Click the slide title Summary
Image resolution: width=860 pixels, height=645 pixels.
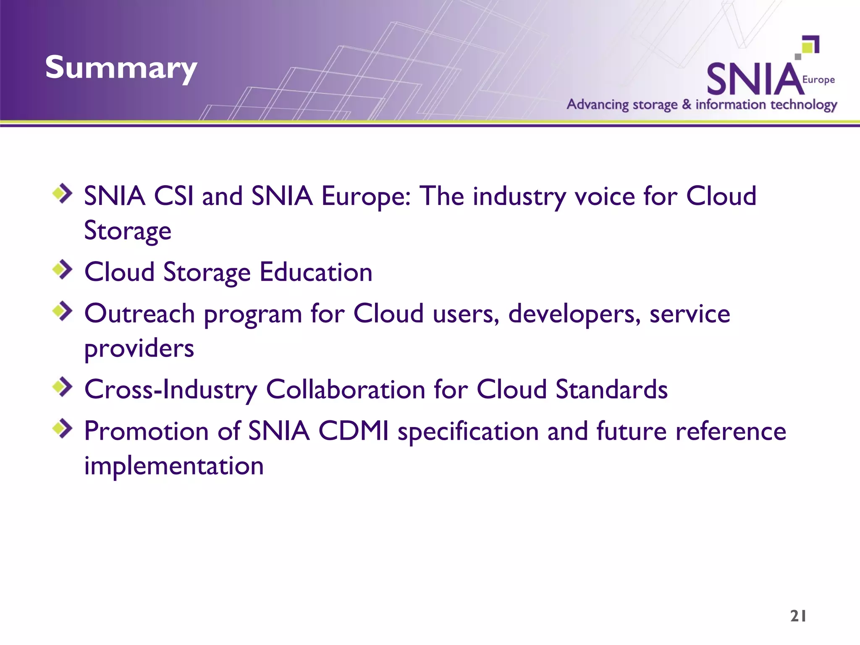click(x=121, y=68)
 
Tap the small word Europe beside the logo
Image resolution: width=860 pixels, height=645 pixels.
click(x=818, y=80)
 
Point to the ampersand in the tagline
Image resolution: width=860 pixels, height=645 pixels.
click(x=686, y=104)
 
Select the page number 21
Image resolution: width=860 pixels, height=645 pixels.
click(x=798, y=616)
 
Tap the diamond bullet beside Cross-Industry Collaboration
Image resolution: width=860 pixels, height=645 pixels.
click(x=63, y=387)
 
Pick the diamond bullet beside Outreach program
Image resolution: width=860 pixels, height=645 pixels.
click(x=63, y=311)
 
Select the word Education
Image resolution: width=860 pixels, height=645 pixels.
click(x=316, y=272)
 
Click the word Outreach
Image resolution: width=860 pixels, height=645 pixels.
click(x=139, y=314)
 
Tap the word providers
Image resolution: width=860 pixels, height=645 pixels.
click(x=139, y=349)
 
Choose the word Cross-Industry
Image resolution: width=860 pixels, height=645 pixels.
click(x=170, y=389)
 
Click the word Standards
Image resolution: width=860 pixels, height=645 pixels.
click(x=611, y=389)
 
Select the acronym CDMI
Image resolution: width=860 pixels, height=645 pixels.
click(x=353, y=431)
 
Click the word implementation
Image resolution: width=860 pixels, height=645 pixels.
click(x=174, y=466)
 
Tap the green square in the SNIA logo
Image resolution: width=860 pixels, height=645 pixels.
click(x=808, y=47)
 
